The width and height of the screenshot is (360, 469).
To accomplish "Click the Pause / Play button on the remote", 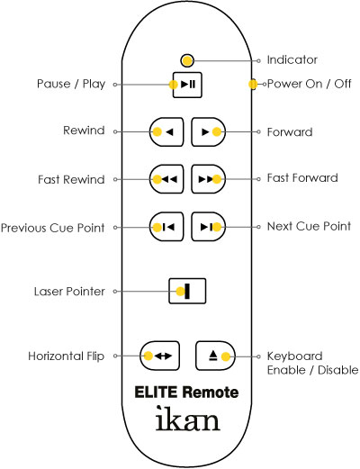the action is [x=187, y=85].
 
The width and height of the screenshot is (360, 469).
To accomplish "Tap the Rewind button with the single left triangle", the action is [x=166, y=131].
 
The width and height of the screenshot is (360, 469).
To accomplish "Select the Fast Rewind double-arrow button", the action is [x=166, y=179].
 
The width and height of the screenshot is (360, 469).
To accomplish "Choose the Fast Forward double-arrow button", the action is [x=209, y=179].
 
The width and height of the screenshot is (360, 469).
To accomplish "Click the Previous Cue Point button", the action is [x=166, y=227].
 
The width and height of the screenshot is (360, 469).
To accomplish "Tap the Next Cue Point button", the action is [x=209, y=227].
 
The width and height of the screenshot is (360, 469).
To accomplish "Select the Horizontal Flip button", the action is [x=160, y=356].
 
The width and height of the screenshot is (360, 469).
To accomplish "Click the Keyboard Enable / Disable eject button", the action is [x=215, y=356].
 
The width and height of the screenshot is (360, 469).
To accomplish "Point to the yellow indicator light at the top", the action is [x=187, y=61].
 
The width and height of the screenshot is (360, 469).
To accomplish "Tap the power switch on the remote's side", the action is [x=253, y=85].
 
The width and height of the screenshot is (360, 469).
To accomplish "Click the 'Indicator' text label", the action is [x=292, y=60].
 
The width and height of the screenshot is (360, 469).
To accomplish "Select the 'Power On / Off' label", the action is [x=309, y=84].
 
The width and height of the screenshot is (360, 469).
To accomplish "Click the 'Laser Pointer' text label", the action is [x=69, y=292].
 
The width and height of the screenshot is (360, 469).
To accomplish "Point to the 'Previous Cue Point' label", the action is [x=53, y=228].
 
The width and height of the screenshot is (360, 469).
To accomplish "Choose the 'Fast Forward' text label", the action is [x=302, y=178].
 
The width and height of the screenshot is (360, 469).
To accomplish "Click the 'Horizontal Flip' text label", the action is [x=67, y=356].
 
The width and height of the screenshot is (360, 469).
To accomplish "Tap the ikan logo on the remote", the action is [x=188, y=419].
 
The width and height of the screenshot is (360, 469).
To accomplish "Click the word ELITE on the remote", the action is [x=156, y=392].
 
